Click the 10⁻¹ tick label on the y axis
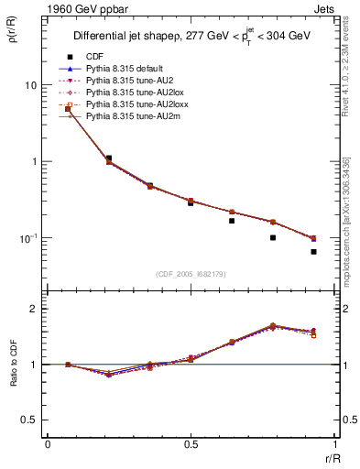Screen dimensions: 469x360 pos(28,238)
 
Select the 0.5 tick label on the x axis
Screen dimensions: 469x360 pos(191,445)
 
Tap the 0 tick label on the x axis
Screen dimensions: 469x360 pos(48,445)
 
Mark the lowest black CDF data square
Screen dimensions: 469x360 pos(313,252)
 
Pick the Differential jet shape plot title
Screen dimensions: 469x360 pos(191,37)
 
